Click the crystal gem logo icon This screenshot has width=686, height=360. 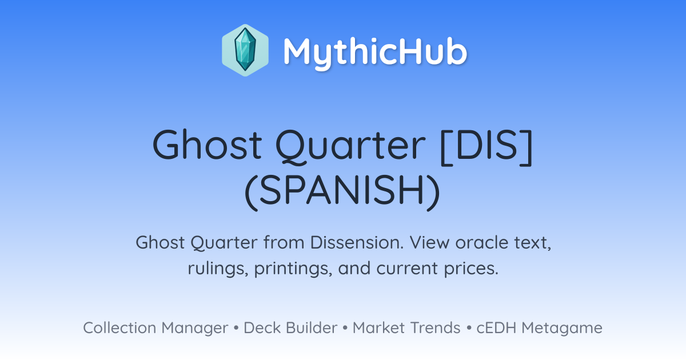pos(245,50)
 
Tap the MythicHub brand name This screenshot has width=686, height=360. pos(375,52)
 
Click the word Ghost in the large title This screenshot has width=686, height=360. pos(207,145)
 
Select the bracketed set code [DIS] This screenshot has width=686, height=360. pos(486,147)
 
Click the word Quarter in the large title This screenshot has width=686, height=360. pos(350,146)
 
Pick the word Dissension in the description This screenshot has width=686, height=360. pos(357,243)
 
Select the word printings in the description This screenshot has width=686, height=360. pos(293,269)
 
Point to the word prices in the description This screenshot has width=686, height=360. pos(471,269)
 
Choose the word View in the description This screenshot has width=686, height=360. pos(429,243)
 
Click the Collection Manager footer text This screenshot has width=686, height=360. pos(155,328)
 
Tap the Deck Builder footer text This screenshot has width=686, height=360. pos(290,327)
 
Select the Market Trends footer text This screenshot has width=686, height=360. pos(406,327)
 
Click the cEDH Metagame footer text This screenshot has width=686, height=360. pos(539,328)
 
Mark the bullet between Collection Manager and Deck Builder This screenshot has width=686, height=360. pos(236,328)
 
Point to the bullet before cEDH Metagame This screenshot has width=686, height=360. pos(469,328)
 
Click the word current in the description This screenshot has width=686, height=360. pos(407,269)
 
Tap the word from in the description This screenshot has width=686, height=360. pos(284,243)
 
